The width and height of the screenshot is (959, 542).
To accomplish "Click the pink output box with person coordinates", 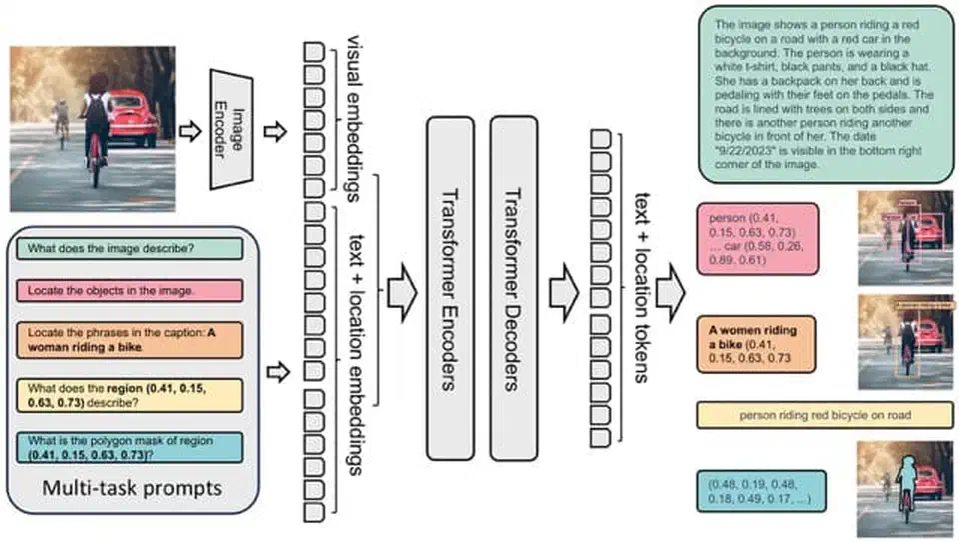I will [758, 239].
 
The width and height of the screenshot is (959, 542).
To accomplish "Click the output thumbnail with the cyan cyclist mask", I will [901, 490].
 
